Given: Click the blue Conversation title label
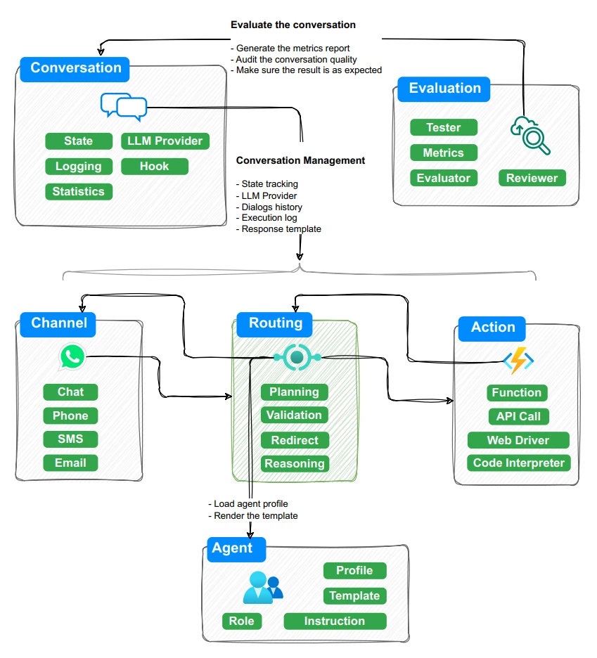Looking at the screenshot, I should [x=75, y=69].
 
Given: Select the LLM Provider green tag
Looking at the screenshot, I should [x=165, y=141].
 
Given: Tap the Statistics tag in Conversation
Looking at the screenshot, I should [x=78, y=192].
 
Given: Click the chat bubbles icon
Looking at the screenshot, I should [x=124, y=106].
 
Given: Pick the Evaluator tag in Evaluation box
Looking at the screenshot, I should [x=443, y=179].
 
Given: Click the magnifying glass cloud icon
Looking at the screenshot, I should [x=529, y=134].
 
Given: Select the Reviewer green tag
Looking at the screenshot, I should [x=532, y=179].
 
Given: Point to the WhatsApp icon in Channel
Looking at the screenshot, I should [x=72, y=356].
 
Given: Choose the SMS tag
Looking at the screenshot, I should [x=70, y=439].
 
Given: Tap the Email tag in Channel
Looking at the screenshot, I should [x=70, y=463].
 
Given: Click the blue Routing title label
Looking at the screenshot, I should [x=275, y=324].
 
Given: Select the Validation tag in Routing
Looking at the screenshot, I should [x=294, y=415].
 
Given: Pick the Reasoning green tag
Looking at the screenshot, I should [x=294, y=464].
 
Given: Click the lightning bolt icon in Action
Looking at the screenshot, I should [x=517, y=361].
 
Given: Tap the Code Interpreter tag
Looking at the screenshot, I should [x=519, y=463].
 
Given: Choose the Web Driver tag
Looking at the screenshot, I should [x=518, y=441].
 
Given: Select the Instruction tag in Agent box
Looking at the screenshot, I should [x=335, y=621].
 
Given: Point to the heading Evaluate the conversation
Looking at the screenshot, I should [x=293, y=25].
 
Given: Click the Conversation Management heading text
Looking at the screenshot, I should [x=300, y=160].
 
